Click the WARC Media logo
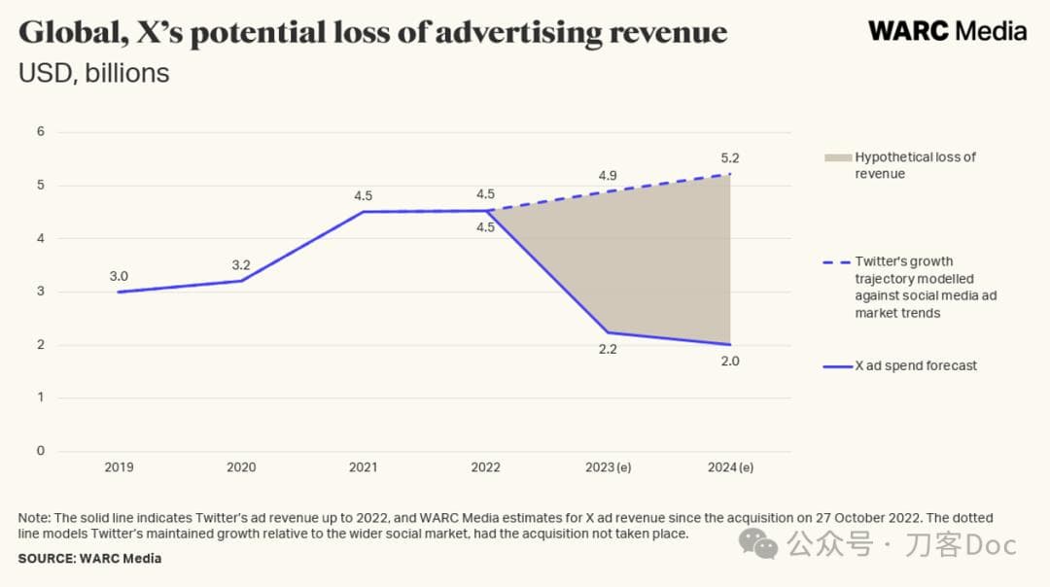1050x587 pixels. (946, 30)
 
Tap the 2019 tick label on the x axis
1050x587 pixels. (119, 467)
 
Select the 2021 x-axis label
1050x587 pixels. (363, 467)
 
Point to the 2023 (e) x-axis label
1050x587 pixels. (608, 467)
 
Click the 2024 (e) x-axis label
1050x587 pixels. (730, 467)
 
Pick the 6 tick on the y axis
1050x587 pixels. (40, 131)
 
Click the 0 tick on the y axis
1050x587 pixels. (40, 451)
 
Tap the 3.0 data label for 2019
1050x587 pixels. (119, 276)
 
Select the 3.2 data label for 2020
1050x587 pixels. (241, 264)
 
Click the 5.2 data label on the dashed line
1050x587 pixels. (730, 157)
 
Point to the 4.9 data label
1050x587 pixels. (608, 176)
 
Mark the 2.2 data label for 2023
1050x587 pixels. (608, 350)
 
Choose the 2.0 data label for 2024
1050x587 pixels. (730, 361)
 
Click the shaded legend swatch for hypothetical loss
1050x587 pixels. (836, 157)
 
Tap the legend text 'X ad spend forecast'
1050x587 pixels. (916, 365)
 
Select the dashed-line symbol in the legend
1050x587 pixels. (836, 261)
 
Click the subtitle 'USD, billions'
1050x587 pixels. (93, 73)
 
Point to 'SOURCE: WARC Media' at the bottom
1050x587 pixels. (89, 559)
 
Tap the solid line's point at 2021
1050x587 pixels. (363, 212)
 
